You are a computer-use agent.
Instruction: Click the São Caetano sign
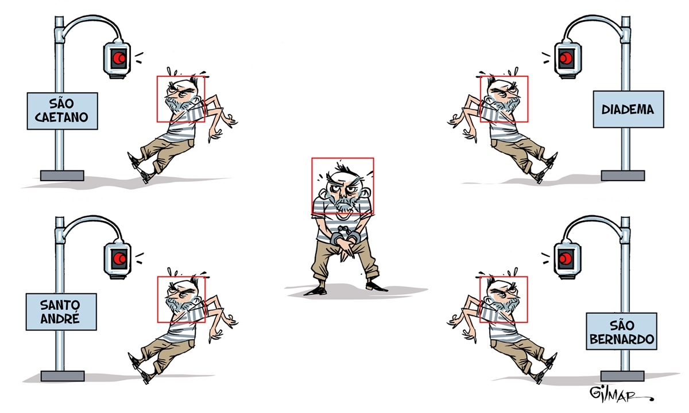click(63, 111)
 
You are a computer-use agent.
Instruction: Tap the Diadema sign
click(628, 109)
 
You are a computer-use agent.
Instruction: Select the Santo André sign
click(61, 312)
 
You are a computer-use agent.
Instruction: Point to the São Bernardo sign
click(621, 332)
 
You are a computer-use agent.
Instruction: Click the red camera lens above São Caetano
click(118, 58)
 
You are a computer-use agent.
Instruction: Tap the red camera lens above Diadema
click(566, 58)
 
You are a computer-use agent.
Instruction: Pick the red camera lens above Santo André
click(119, 259)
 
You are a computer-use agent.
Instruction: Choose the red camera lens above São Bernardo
click(565, 259)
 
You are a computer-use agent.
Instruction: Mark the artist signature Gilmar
click(618, 394)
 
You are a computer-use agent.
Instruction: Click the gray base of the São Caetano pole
click(62, 176)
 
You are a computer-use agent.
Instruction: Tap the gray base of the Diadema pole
click(623, 176)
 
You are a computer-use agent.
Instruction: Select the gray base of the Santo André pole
click(63, 376)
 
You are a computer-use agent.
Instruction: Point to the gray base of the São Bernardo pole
click(622, 376)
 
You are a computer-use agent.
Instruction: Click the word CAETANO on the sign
click(61, 118)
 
